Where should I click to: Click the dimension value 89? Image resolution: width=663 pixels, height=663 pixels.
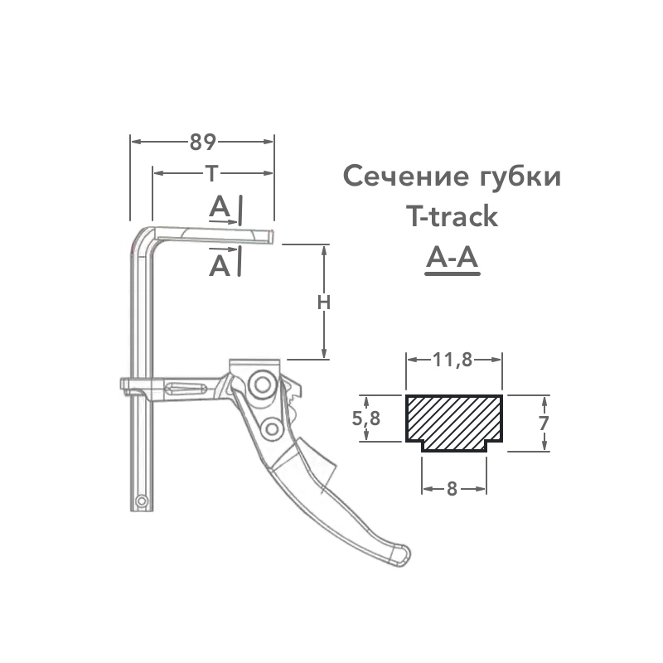(x=203, y=142)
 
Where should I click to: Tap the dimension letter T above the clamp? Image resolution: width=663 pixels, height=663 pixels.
(x=213, y=173)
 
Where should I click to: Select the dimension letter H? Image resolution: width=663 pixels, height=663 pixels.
(x=324, y=302)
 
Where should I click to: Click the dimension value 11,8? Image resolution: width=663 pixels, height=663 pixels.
(x=452, y=360)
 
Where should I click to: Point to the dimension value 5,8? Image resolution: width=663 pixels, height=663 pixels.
(x=365, y=419)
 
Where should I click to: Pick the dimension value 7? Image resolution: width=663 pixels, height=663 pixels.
(x=544, y=423)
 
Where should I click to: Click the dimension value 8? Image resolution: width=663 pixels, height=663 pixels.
(x=452, y=488)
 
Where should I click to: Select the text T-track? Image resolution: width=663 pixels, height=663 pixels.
(x=452, y=217)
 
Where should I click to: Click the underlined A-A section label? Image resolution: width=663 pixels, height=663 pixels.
(x=452, y=260)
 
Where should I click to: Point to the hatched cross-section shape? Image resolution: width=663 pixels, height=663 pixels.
(x=453, y=420)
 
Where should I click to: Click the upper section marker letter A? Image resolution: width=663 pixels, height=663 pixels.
(x=220, y=206)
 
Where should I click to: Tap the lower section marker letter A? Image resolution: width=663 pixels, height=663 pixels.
(x=220, y=265)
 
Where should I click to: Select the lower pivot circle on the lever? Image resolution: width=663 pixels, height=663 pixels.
(x=271, y=428)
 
